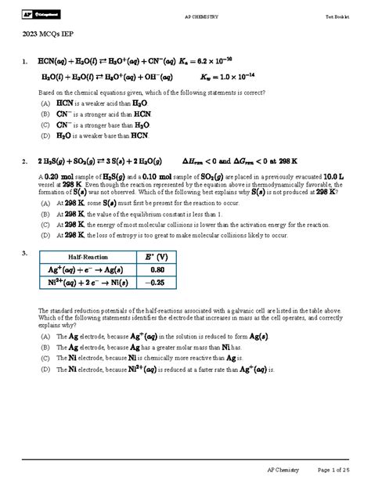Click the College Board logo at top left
(x=37, y=16)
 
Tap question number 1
(x=25, y=61)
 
